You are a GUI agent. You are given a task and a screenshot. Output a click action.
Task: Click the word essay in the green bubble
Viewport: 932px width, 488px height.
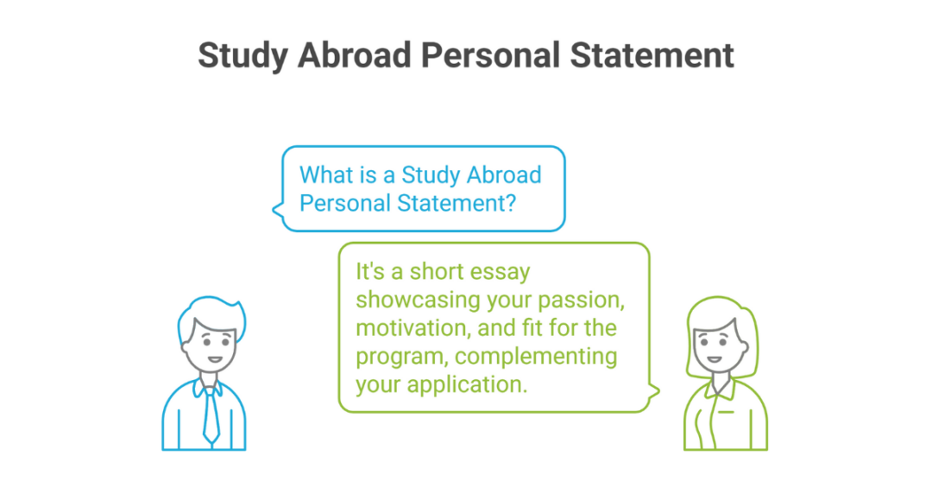click(500, 272)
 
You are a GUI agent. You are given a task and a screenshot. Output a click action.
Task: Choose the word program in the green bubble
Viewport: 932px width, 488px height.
click(389, 356)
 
